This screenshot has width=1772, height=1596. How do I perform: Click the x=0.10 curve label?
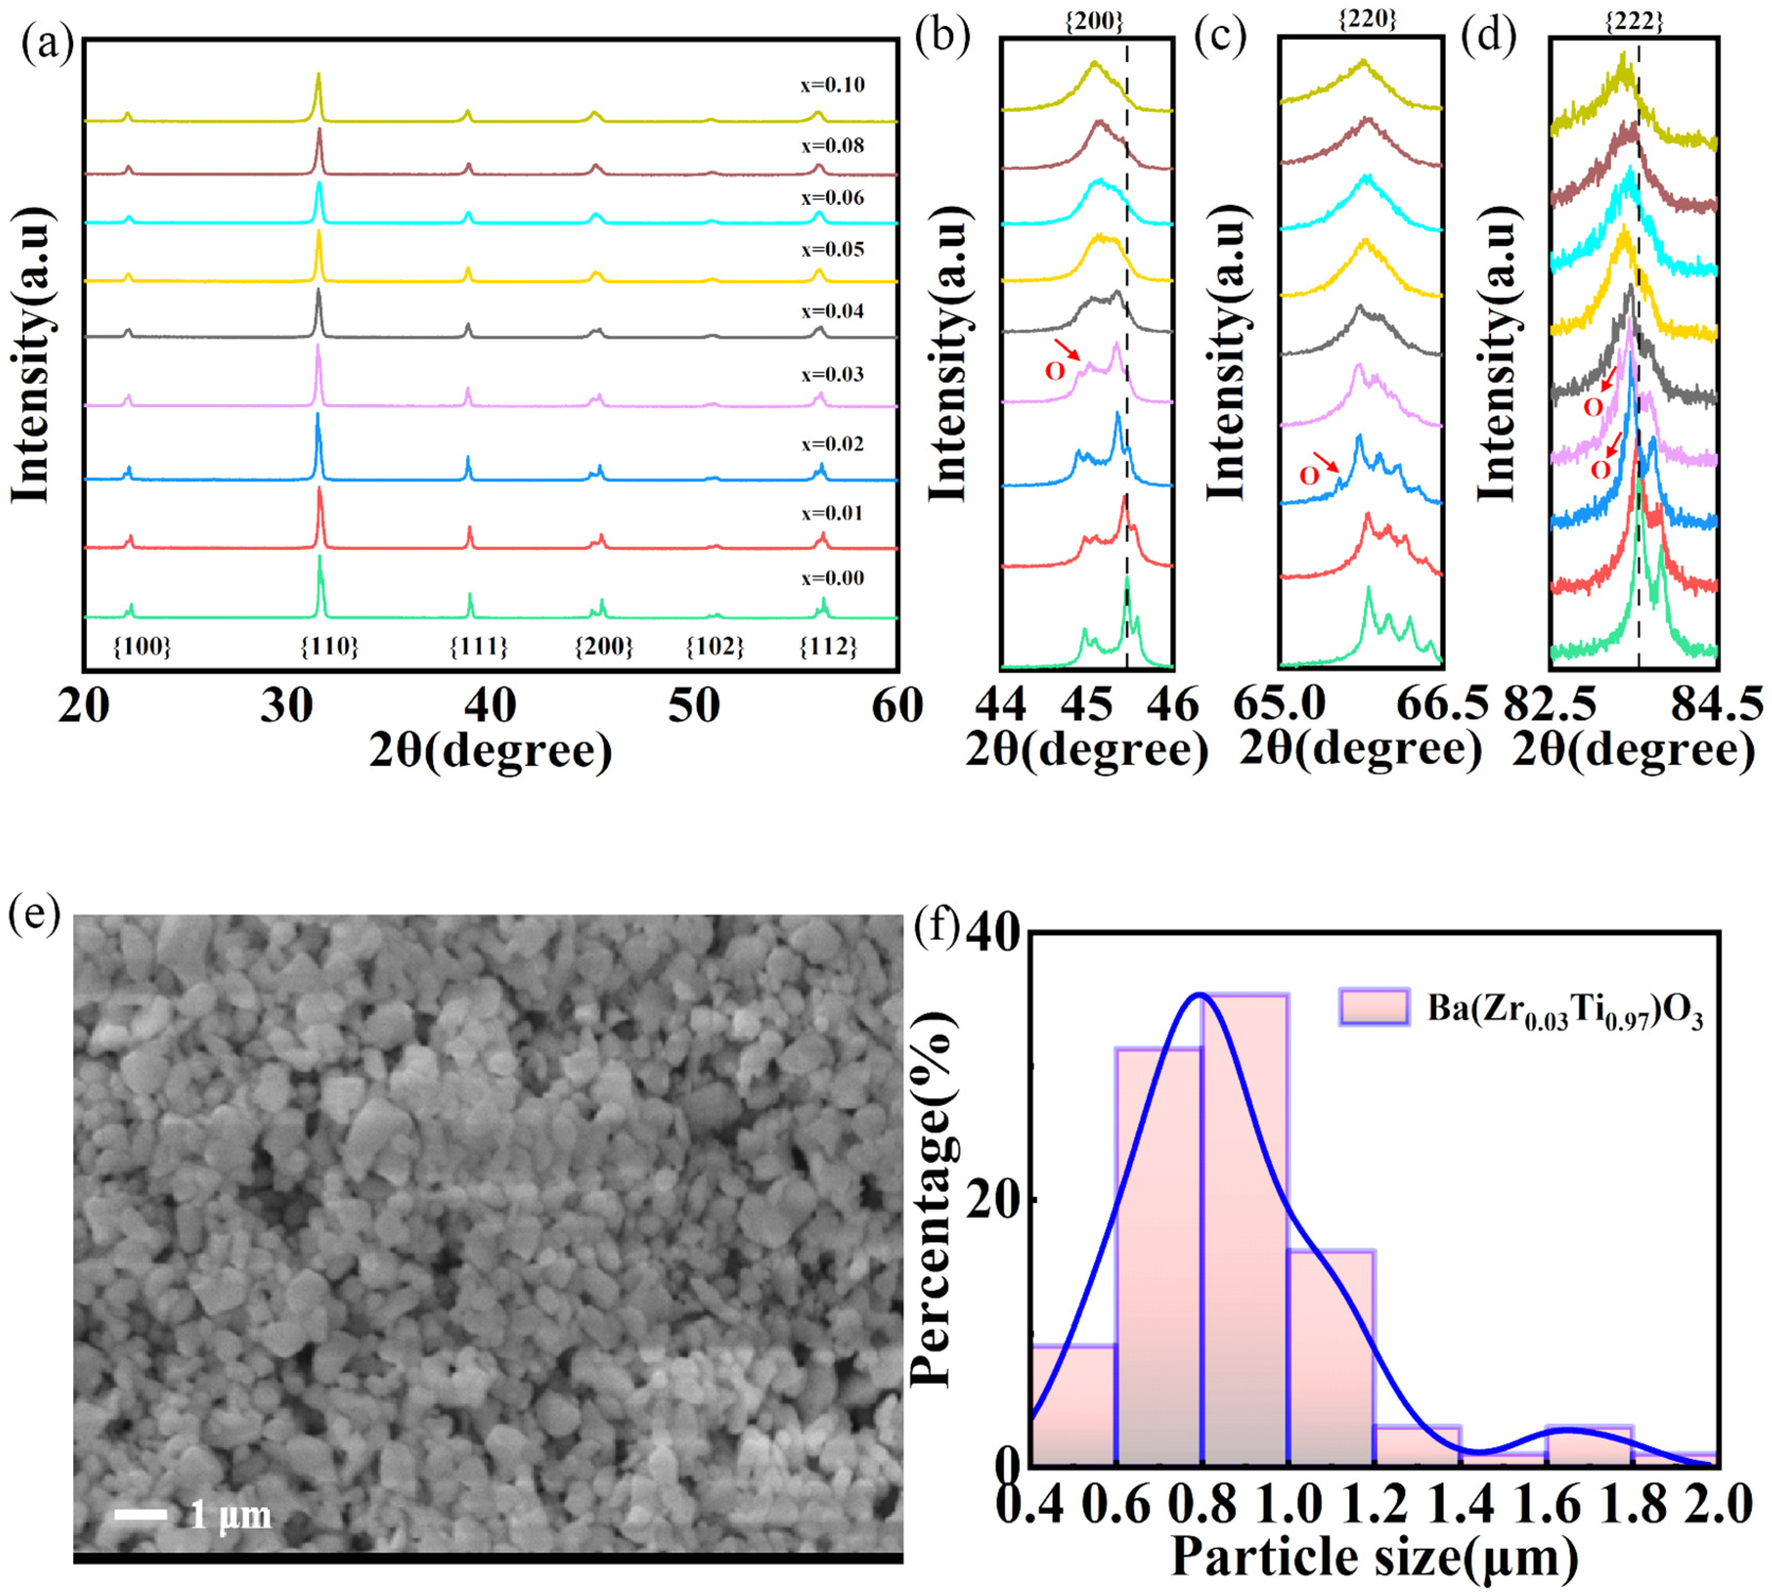click(832, 86)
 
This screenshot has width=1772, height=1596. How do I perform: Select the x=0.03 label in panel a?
click(832, 375)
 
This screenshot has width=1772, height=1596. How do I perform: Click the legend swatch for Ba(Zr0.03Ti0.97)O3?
click(1374, 1006)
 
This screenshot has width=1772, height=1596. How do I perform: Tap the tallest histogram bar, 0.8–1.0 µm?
click(1245, 1228)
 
